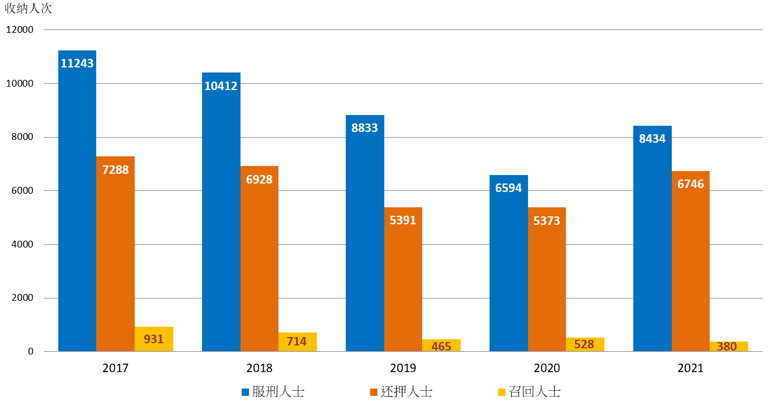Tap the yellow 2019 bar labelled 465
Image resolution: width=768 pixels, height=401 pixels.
tap(441, 345)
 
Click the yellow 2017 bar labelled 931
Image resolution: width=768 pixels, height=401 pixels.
tap(154, 339)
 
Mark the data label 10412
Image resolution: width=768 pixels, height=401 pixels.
tap(221, 86)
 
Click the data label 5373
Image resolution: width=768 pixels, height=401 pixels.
tap(547, 220)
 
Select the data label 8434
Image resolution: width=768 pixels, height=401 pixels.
tap(652, 139)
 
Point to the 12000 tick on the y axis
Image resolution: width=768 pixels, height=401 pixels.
tap(20, 29)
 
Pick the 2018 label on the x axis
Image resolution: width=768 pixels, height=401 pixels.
tap(259, 368)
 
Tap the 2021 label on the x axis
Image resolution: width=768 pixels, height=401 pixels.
tap(690, 368)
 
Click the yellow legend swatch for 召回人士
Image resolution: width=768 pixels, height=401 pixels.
tap(501, 392)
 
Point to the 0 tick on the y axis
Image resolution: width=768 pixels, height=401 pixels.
tap(31, 352)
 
